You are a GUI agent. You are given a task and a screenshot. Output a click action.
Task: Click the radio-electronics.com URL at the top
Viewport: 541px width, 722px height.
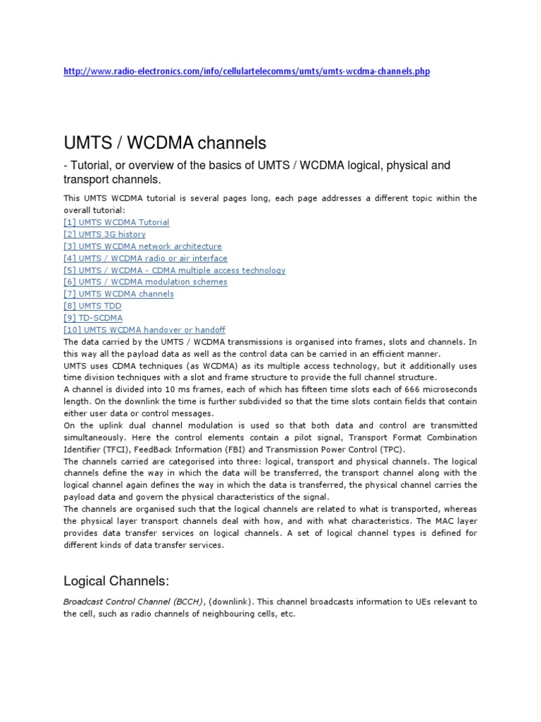(x=246, y=71)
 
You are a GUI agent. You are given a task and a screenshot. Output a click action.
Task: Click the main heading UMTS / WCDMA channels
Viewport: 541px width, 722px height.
(x=165, y=143)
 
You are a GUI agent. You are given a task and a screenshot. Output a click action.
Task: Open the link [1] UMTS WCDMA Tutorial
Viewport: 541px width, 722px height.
(x=116, y=222)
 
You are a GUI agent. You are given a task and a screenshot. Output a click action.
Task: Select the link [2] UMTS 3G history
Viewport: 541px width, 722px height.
(x=104, y=234)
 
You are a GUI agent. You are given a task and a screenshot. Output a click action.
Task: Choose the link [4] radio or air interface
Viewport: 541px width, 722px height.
(x=145, y=258)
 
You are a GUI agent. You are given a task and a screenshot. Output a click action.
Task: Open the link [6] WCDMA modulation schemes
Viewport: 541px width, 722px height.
(x=145, y=282)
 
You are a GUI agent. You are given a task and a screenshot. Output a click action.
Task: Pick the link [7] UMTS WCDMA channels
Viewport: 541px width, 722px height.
(x=118, y=294)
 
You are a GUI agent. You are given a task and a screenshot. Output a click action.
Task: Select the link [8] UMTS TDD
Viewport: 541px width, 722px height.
(x=92, y=306)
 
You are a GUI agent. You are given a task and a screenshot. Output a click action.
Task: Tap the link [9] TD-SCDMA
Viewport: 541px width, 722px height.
(x=93, y=318)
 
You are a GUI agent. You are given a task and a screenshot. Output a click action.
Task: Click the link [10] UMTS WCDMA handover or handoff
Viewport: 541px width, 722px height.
(x=144, y=330)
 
